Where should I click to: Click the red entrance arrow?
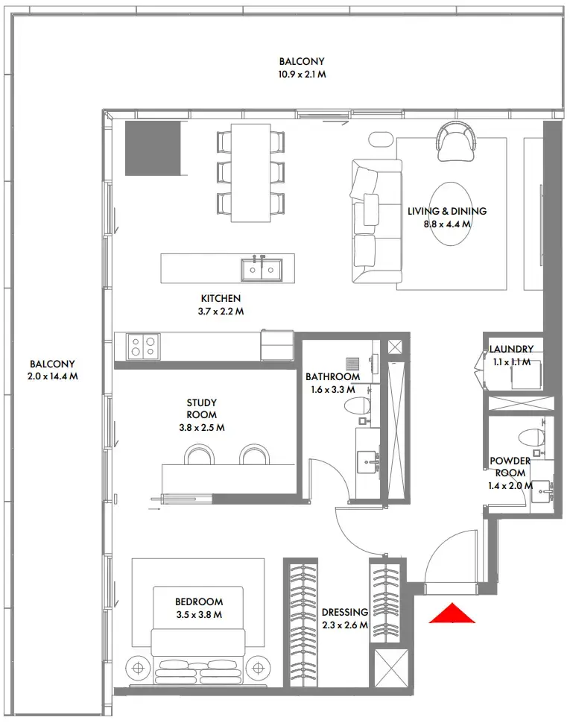[452, 614]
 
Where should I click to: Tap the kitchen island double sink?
[262, 269]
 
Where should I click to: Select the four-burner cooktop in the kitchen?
[143, 347]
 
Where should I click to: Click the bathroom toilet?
[358, 405]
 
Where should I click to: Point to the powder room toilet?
[531, 436]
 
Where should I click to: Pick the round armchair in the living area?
[457, 141]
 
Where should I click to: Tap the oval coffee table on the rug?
[451, 215]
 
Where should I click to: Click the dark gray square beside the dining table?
[153, 148]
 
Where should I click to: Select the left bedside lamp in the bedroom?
[138, 668]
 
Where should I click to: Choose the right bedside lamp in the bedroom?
[258, 668]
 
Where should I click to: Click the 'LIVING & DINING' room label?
[447, 211]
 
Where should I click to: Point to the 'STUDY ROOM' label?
[201, 408]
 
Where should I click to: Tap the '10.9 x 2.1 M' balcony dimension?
[303, 75]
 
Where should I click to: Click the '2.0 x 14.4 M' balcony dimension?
[53, 376]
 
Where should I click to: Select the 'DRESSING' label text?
[345, 613]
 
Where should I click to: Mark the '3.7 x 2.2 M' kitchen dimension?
[221, 312]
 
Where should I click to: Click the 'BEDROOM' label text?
[199, 602]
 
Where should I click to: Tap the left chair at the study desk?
[199, 455]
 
